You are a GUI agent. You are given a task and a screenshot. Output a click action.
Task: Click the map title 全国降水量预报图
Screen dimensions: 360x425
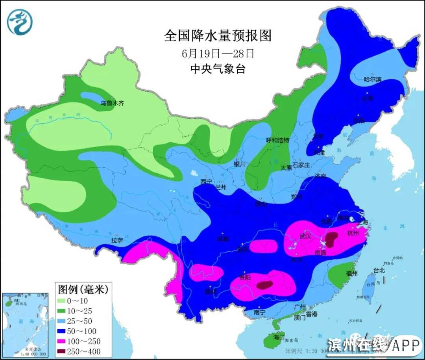[x=218, y=36]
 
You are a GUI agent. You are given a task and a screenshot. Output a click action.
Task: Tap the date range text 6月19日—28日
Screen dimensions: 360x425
[x=218, y=53]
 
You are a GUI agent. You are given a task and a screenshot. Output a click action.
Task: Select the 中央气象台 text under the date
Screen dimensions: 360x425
[x=218, y=69]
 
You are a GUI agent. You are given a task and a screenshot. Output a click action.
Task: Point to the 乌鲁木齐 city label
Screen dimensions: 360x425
[x=112, y=104]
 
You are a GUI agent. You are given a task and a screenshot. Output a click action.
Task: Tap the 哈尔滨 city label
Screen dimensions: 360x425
[x=373, y=79]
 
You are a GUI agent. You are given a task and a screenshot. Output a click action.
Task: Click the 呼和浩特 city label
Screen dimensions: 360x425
[x=277, y=140]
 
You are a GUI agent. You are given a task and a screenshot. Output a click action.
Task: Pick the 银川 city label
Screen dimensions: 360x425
[x=240, y=164]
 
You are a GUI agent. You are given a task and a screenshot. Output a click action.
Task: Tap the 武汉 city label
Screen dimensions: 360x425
[x=305, y=236]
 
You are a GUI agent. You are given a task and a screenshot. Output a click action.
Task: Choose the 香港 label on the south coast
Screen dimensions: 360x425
[x=311, y=314]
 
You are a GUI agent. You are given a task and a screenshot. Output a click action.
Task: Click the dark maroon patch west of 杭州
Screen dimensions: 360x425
[x=331, y=238]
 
